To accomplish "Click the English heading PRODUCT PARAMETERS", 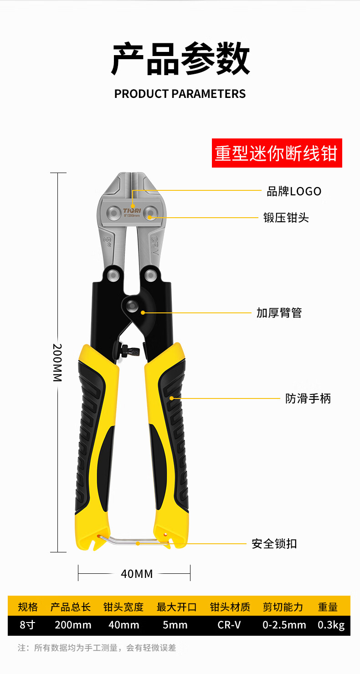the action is [x=180, y=94].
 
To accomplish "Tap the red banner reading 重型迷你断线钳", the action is [x=277, y=153].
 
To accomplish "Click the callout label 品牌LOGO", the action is [x=294, y=191].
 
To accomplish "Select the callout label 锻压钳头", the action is [x=286, y=218].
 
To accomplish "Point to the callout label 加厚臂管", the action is [x=279, y=313].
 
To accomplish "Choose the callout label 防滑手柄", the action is [x=308, y=398].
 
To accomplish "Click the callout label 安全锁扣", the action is [x=274, y=544].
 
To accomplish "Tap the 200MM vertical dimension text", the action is [x=57, y=363].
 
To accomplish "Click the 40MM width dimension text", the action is [x=137, y=574].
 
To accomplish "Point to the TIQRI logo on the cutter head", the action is [x=132, y=210].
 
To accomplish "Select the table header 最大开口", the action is [x=176, y=607].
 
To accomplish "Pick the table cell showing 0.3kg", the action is [x=331, y=625].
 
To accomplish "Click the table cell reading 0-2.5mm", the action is [x=284, y=625].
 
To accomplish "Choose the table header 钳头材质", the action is [x=230, y=607].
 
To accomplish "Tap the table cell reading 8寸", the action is [x=27, y=625].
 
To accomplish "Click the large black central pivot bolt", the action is [x=132, y=306].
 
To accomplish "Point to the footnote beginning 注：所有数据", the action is [x=97, y=648].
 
